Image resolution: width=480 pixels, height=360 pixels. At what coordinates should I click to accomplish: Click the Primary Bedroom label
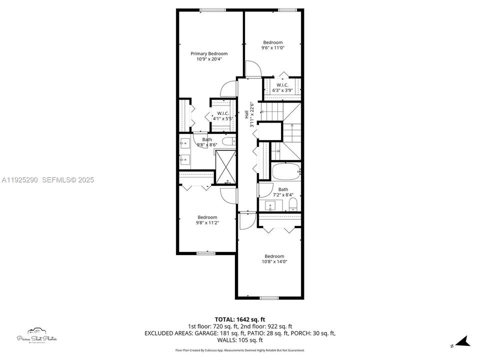point(209,53)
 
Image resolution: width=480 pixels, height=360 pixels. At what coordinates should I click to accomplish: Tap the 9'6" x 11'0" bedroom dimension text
point(272,48)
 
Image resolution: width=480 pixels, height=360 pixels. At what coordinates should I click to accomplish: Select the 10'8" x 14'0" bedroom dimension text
point(274,261)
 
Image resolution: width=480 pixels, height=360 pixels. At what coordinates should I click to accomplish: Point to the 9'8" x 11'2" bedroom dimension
point(207,222)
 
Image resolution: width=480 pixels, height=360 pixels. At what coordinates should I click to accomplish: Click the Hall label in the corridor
point(247,115)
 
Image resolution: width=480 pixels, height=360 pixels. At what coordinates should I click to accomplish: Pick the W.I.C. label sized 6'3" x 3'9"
point(282,90)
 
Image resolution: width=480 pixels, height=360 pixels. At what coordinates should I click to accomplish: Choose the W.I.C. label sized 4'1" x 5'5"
point(222,118)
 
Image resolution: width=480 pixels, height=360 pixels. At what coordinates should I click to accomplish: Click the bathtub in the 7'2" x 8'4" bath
point(286,172)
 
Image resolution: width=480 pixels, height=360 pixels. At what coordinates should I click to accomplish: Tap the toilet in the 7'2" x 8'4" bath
point(293,203)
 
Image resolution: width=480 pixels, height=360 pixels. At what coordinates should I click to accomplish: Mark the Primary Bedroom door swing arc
point(228,88)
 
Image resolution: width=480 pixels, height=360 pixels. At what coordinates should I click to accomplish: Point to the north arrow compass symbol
point(462,342)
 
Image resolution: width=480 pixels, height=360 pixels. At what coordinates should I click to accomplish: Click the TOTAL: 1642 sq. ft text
point(240,319)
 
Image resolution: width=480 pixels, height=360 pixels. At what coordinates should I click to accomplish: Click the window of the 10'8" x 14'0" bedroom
point(269,298)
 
